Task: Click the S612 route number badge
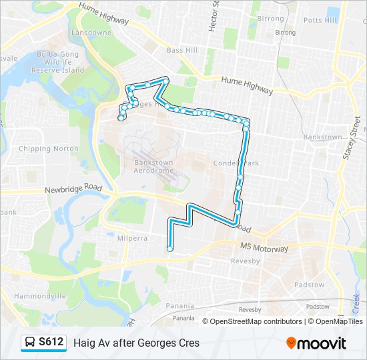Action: [x=51, y=342]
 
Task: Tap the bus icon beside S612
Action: [x=31, y=343]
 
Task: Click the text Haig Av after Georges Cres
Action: [x=136, y=343]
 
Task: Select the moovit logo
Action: [x=316, y=343]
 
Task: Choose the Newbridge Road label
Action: [x=73, y=189]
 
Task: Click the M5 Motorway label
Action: [x=264, y=248]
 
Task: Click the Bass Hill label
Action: [x=182, y=50]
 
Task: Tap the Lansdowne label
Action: [x=92, y=32]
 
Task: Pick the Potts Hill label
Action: [x=320, y=20]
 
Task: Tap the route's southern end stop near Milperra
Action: [x=170, y=249]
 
